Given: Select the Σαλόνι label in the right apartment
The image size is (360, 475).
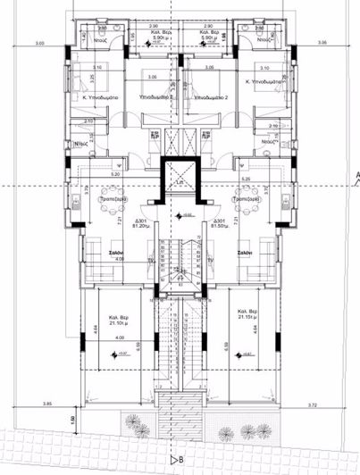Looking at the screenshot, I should point(247,254).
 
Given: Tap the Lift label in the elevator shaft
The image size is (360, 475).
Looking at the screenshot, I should point(180,182).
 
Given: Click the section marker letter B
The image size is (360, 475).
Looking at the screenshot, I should point(181,460).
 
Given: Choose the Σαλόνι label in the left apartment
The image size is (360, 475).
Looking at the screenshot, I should point(115,254).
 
